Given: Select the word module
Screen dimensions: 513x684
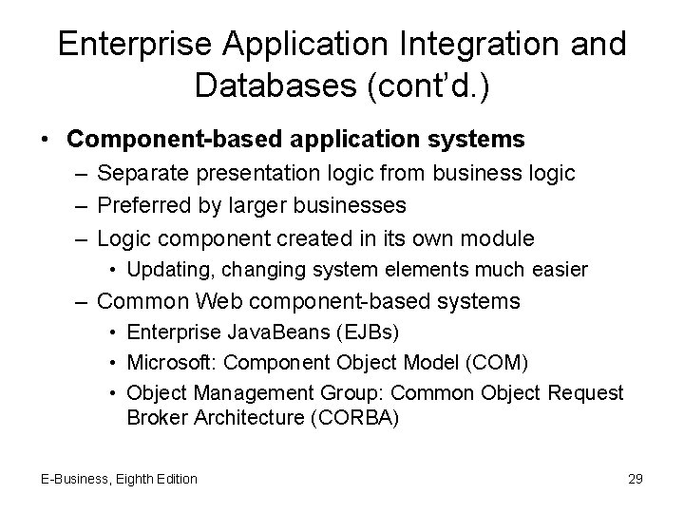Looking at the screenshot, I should click(500, 237).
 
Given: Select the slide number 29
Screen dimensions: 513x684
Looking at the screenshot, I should click(635, 479).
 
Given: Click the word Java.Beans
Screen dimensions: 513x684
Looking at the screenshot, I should click(250, 334).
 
